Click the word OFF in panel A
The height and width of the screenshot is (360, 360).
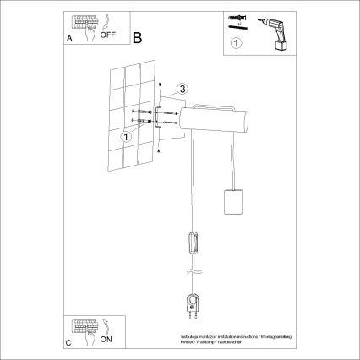pyautogui.click(x=108, y=36)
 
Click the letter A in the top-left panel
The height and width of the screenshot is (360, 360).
pyautogui.click(x=68, y=39)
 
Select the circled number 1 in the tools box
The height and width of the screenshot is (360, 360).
pyautogui.click(x=237, y=42)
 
